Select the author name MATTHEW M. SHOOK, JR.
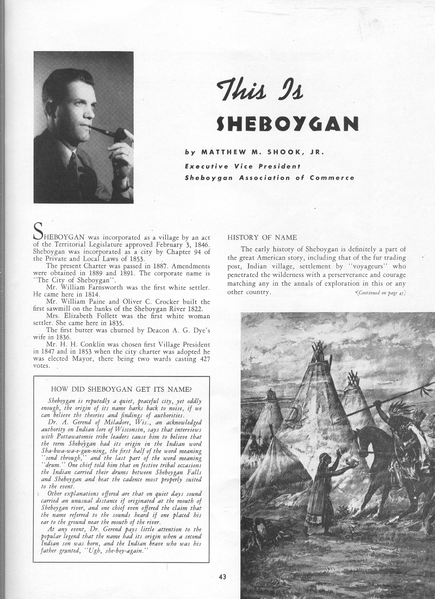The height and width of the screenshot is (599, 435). [254, 153]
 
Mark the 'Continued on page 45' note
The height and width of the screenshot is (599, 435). [381, 294]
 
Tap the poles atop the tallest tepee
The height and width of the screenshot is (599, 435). [319, 351]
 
